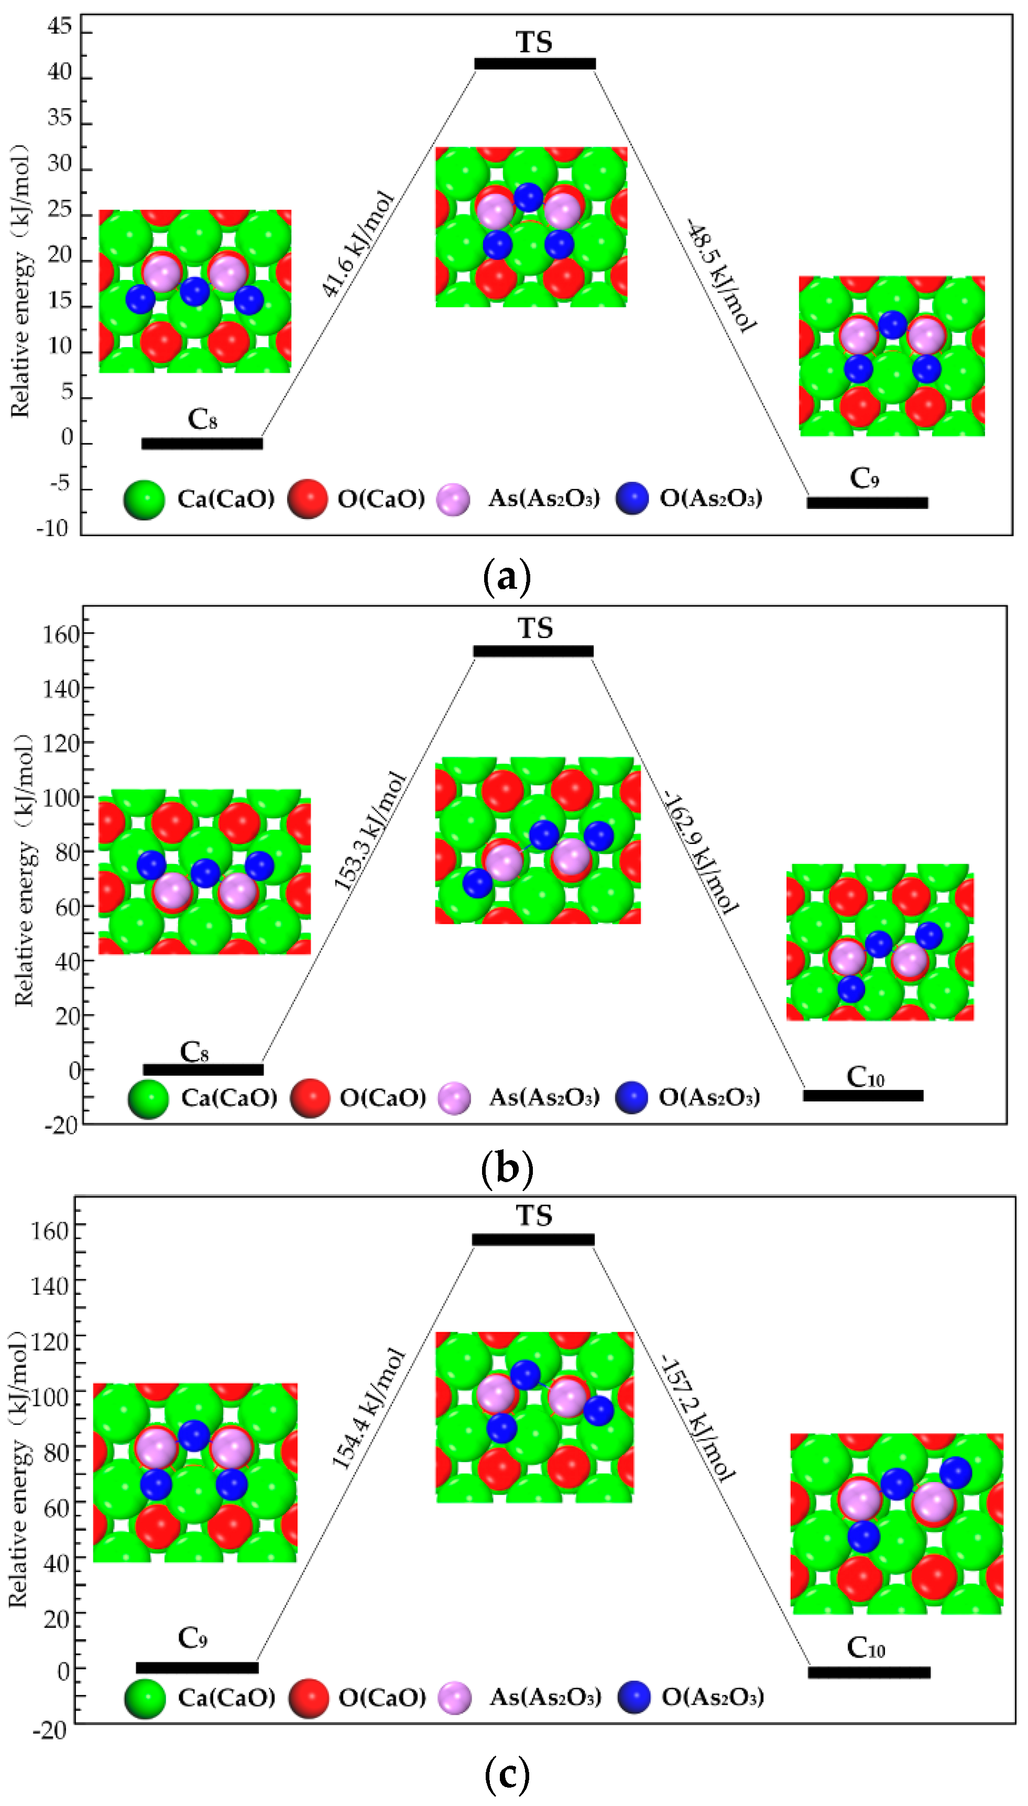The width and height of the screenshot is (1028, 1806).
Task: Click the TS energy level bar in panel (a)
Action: coord(534,63)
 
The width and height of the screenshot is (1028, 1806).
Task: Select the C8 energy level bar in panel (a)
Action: coord(202,444)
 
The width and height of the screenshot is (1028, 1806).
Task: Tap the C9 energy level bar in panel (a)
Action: coord(867,503)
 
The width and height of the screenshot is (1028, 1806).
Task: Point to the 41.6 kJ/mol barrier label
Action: coord(357,244)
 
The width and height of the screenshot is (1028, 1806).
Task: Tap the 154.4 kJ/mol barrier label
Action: coord(368,1409)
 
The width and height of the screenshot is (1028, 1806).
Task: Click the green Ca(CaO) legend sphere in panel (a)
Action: coord(144,500)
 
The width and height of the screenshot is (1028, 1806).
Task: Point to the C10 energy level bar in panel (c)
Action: coord(869,1672)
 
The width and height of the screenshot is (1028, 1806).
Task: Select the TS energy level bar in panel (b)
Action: coord(533,651)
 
